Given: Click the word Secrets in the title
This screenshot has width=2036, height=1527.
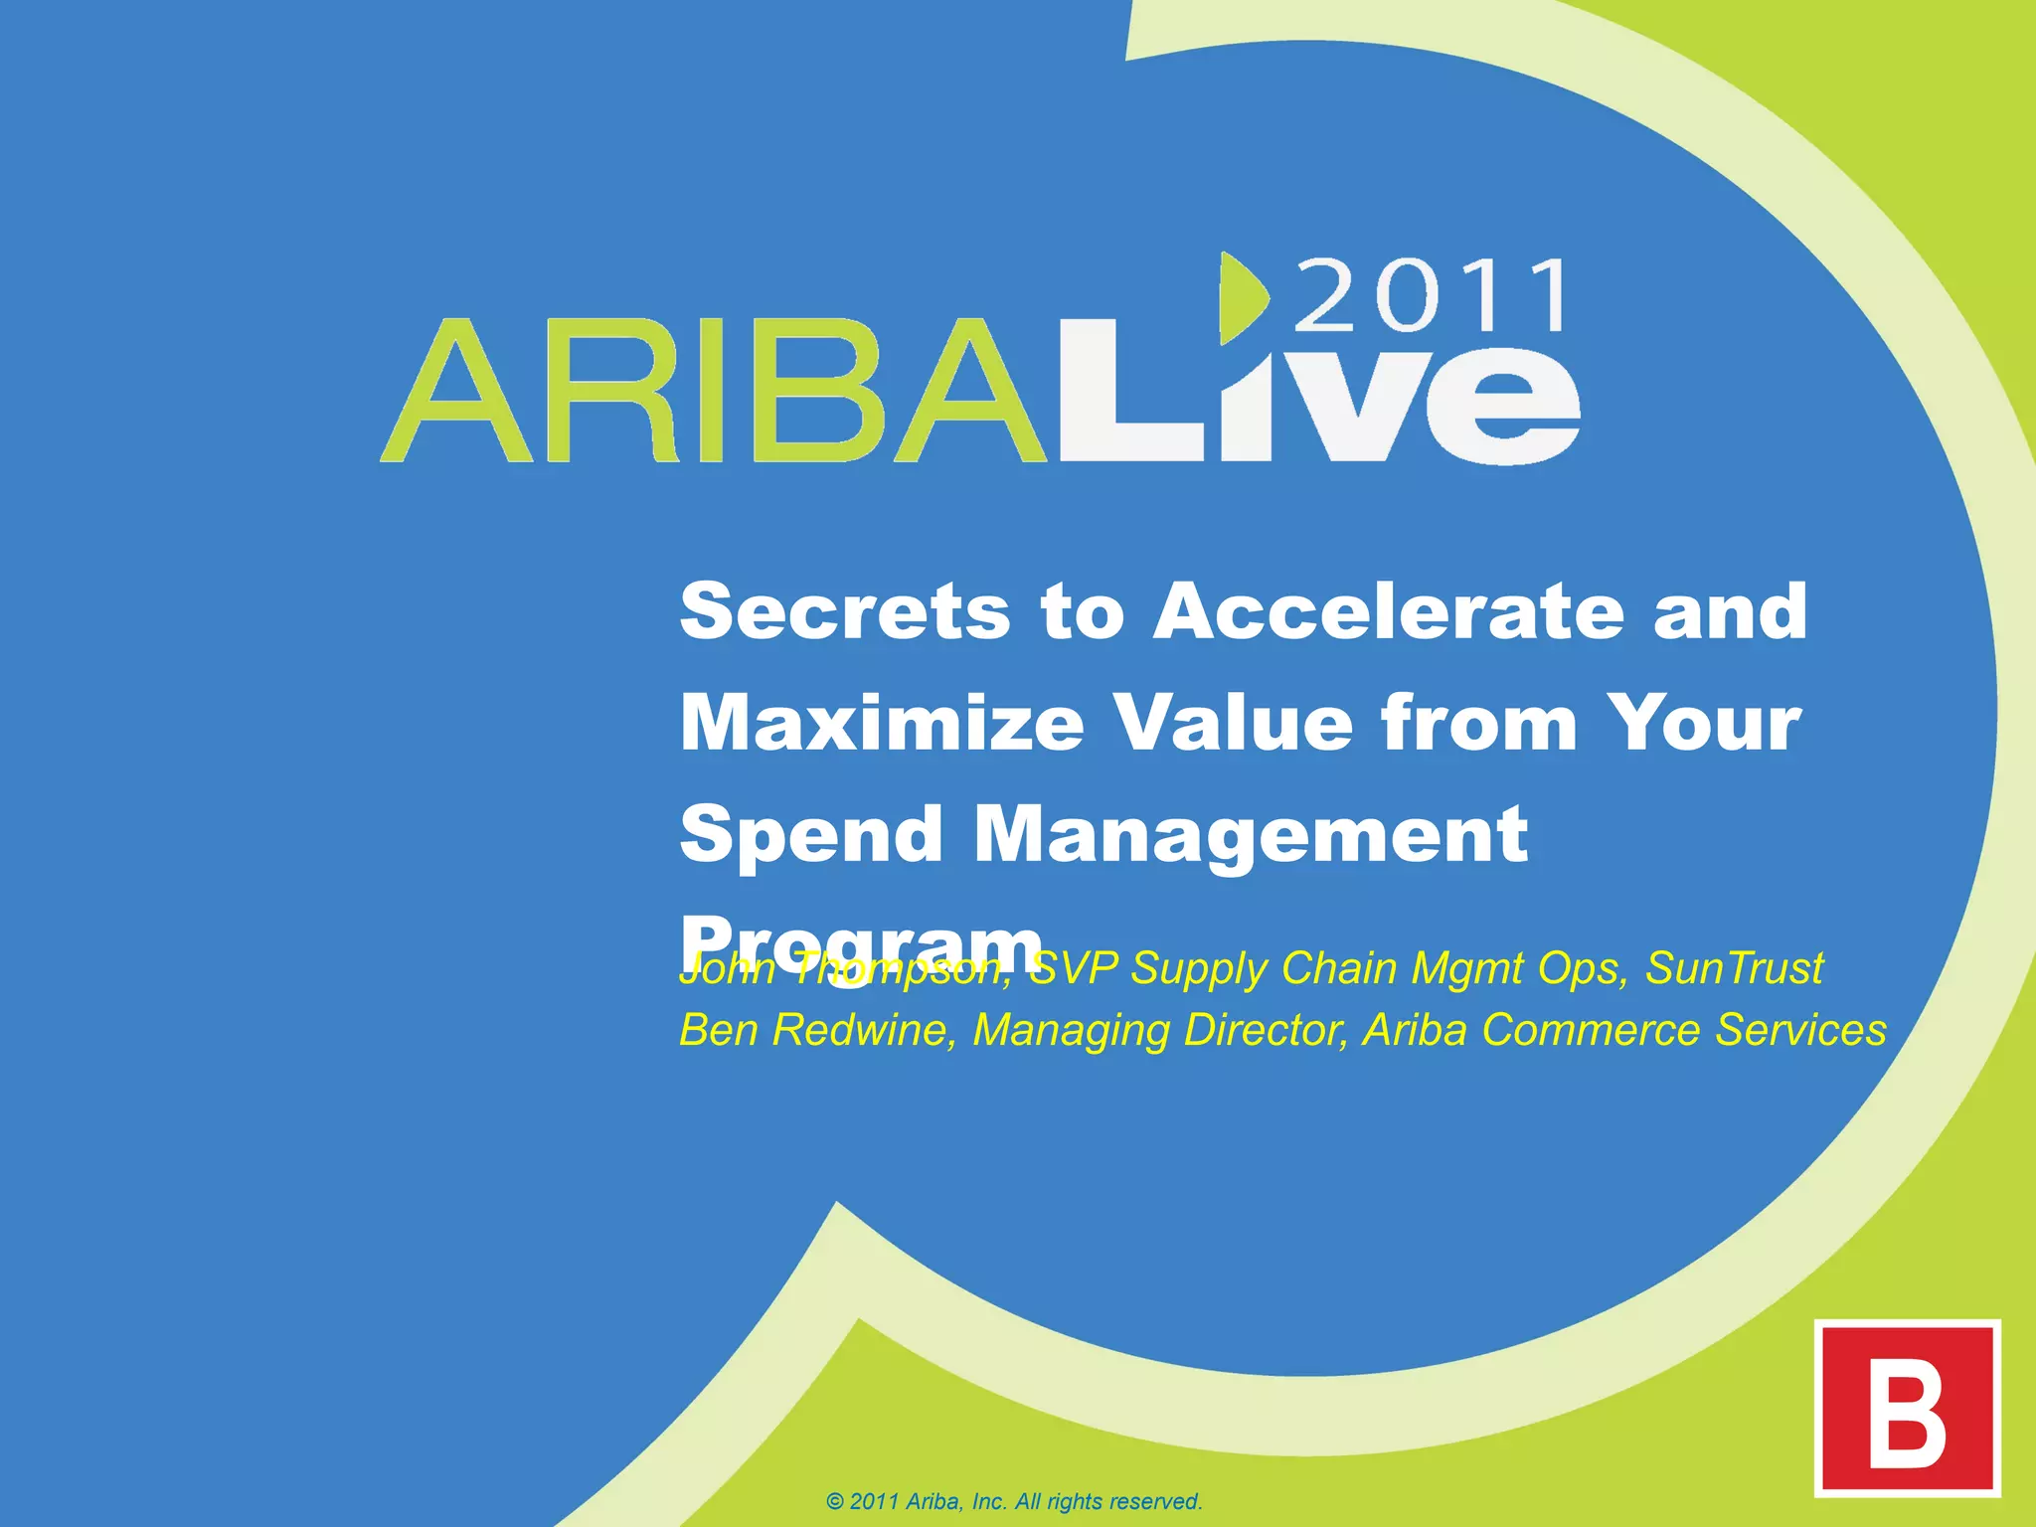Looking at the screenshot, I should [845, 611].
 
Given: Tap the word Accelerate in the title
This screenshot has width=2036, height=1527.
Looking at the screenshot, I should [1388, 611].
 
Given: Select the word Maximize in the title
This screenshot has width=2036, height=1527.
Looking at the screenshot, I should [882, 723].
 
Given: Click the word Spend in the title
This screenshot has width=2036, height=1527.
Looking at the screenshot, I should [810, 835].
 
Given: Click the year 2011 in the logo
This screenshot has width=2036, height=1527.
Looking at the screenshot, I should [1432, 295].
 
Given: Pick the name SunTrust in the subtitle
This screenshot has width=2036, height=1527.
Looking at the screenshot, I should [1734, 968].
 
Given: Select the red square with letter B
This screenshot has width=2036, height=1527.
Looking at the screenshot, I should [1907, 1408].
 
